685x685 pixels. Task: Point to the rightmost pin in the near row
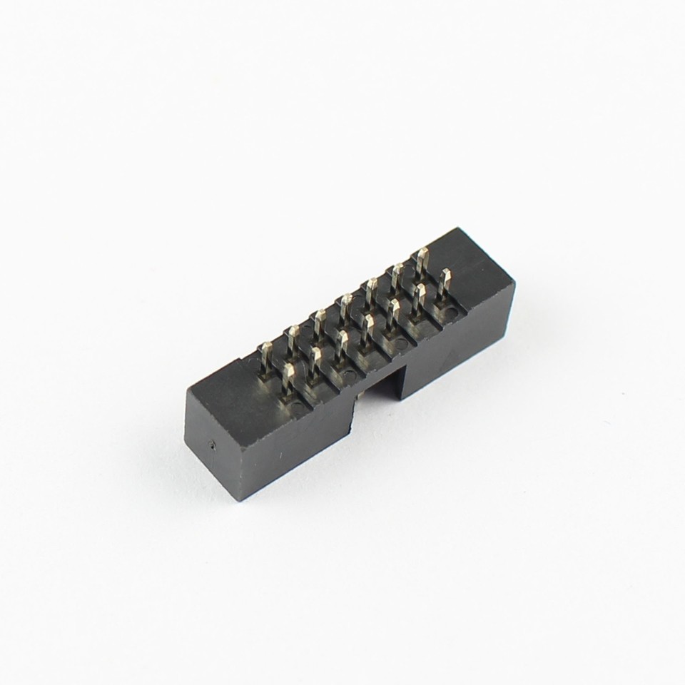[x=445, y=282]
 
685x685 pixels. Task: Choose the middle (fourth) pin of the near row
[x=367, y=328]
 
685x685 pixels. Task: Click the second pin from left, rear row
[x=292, y=338]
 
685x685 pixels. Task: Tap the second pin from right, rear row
[x=396, y=275]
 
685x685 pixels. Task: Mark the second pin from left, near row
[x=315, y=360]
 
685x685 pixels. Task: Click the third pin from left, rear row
[x=318, y=323]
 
